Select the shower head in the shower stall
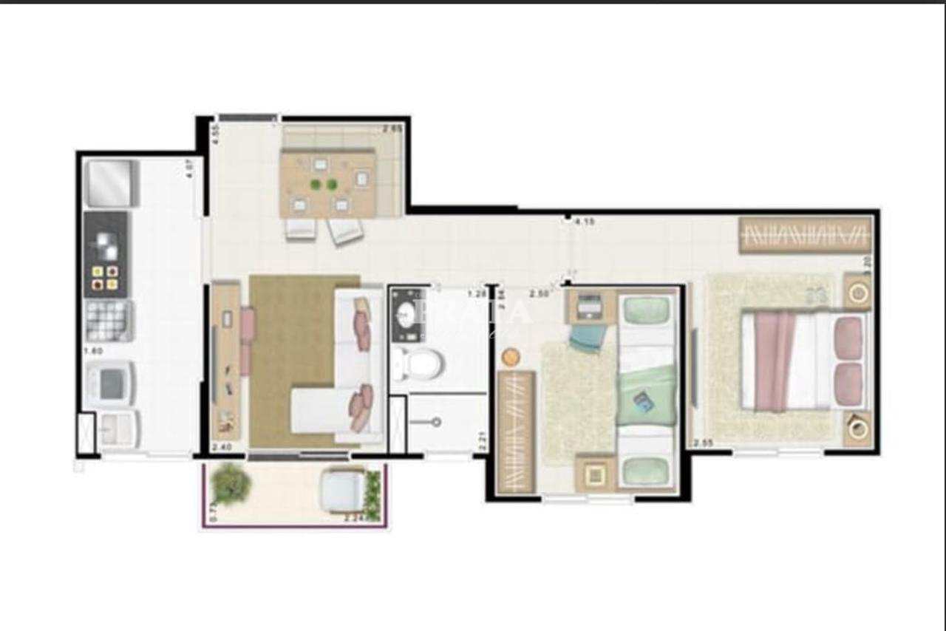point(436,422)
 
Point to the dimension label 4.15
point(585,221)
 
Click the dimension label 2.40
point(221,447)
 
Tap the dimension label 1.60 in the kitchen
point(92,351)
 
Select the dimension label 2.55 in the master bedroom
point(702,443)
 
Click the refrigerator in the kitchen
point(111,183)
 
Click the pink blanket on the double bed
point(773,361)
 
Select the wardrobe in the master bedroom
point(806,235)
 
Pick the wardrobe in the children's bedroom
point(516,432)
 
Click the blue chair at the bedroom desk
point(588,338)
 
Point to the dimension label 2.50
point(539,293)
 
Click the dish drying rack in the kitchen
point(109,321)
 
